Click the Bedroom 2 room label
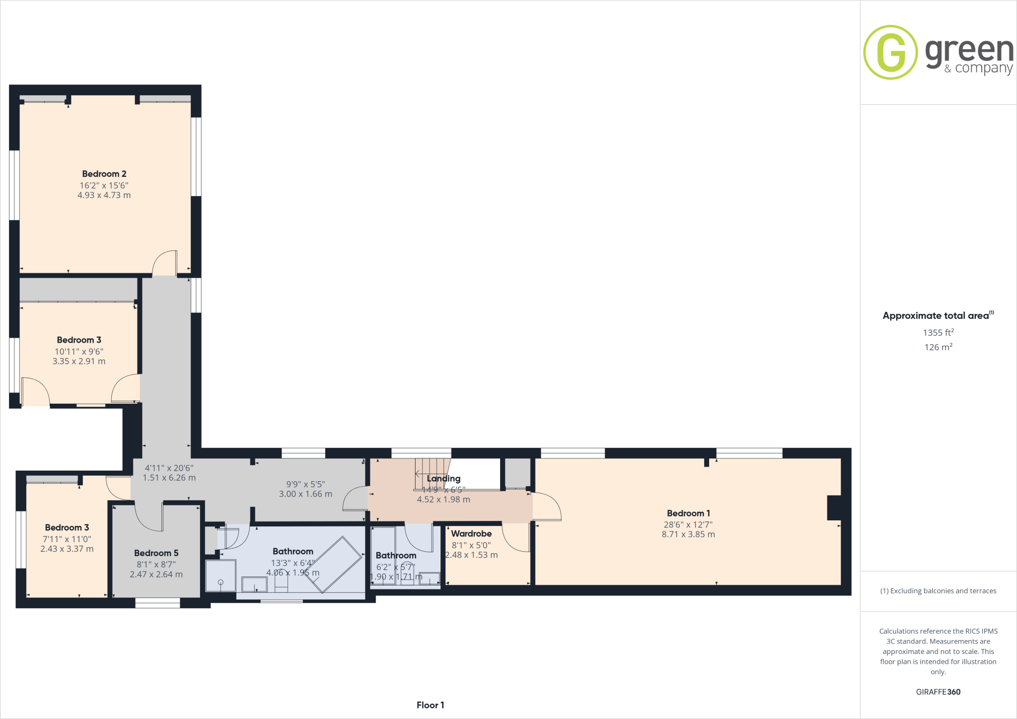104,174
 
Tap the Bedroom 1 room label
688,513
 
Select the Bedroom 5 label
156,553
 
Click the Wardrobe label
471,533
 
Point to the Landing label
443,478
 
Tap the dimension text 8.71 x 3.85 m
688,534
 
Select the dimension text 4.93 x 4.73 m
104,195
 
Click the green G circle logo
890,52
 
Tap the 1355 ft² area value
938,333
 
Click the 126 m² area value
938,347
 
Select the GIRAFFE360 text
938,692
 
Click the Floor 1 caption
430,705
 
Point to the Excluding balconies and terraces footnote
938,591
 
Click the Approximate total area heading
936,316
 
